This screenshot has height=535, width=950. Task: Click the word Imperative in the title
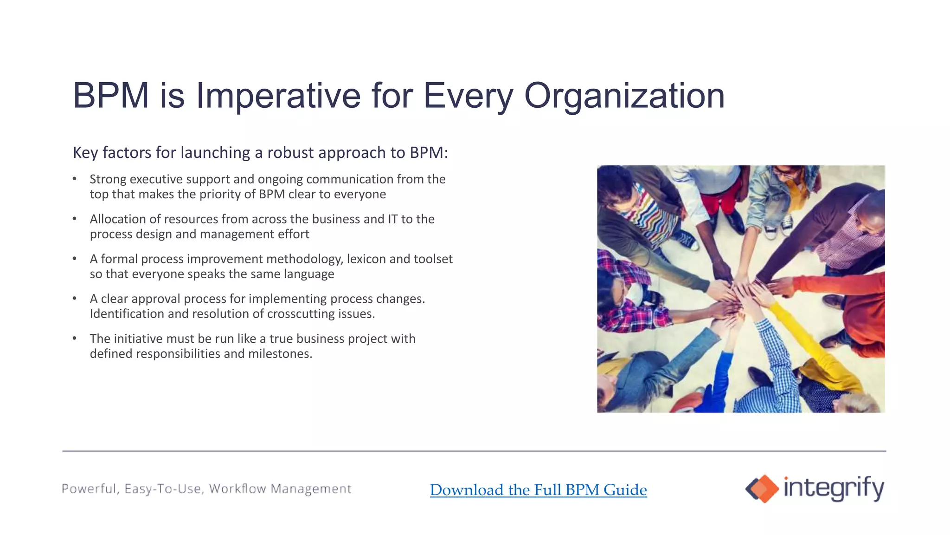pyautogui.click(x=278, y=96)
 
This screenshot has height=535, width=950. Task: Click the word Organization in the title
pyautogui.click(x=624, y=96)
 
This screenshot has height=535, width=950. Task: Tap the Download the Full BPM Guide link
pyautogui.click(x=538, y=489)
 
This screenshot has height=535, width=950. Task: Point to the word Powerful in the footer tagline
pyautogui.click(x=89, y=489)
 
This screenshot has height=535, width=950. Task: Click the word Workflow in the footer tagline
pyautogui.click(x=237, y=489)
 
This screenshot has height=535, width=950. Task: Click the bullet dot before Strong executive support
pyautogui.click(x=75, y=179)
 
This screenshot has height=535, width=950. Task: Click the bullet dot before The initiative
pyautogui.click(x=75, y=339)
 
